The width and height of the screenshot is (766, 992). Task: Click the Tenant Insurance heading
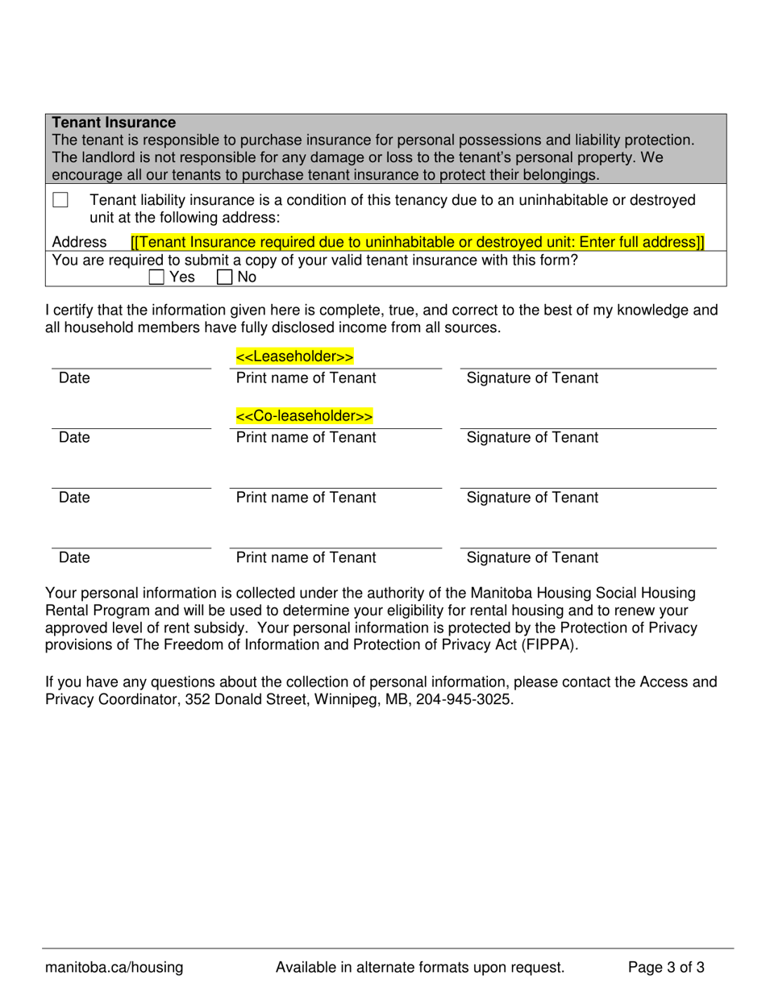click(114, 123)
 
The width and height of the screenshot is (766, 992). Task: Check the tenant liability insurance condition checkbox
click(60, 200)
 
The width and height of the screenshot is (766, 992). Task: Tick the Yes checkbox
click(156, 277)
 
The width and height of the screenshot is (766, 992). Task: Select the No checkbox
click(224, 277)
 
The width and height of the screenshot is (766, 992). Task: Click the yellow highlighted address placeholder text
click(417, 242)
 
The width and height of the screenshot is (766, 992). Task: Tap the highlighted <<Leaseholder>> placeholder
click(294, 356)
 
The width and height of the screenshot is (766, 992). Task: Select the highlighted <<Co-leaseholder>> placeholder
click(304, 416)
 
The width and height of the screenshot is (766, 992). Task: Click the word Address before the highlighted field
click(79, 242)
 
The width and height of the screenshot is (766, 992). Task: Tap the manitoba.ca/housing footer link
click(114, 968)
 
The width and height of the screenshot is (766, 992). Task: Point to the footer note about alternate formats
click(419, 968)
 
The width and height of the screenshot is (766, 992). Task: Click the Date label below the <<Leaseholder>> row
click(74, 378)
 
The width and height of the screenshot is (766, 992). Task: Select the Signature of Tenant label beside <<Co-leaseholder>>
click(532, 438)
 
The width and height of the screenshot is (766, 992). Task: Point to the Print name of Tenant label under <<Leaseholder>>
click(306, 378)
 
